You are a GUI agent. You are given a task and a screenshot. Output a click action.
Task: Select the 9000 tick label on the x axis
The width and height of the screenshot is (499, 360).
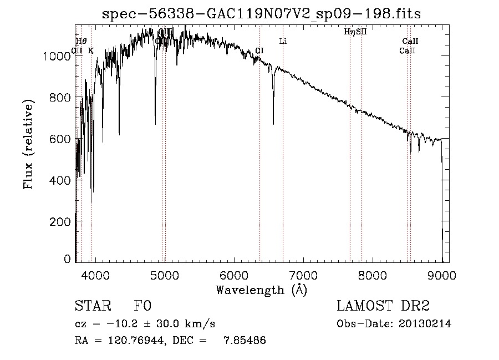442,274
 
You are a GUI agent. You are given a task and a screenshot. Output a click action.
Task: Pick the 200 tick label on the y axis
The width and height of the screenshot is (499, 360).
61,221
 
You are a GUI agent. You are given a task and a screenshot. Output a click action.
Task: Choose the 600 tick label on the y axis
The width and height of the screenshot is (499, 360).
61,139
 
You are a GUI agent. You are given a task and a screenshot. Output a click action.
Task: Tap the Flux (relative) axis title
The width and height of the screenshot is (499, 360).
28,144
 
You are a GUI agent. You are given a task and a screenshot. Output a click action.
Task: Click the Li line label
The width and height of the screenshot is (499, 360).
283,41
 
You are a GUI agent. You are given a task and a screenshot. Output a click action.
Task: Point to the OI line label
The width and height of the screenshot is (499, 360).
259,50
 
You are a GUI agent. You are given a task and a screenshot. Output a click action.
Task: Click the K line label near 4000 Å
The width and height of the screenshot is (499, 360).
91,50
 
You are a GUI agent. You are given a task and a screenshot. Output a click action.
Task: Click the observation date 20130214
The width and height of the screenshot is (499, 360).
426,323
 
